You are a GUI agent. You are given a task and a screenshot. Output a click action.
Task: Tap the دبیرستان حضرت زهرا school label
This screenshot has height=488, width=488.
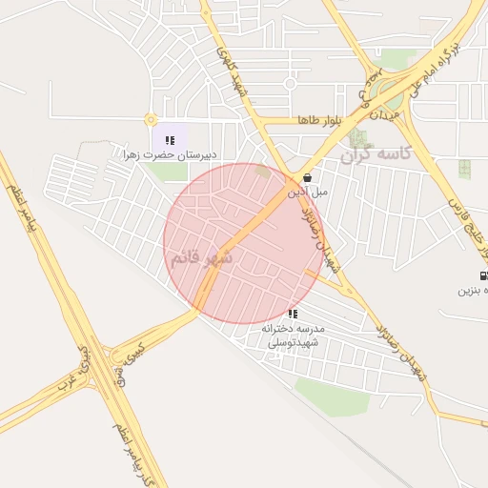click(170, 154)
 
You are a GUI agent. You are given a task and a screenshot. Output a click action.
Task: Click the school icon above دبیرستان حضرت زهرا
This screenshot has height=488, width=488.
click(170, 140)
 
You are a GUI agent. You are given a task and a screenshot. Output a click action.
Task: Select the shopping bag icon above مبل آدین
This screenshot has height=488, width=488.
click(307, 177)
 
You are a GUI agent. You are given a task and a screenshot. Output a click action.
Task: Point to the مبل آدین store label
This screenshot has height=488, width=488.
click(307, 192)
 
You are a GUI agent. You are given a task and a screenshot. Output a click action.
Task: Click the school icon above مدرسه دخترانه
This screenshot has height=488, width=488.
click(293, 314)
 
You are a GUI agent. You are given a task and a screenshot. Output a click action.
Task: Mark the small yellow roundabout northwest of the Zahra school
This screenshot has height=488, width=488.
click(150, 120)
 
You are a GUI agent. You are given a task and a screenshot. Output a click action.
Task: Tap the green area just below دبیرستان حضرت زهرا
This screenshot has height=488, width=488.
click(170, 173)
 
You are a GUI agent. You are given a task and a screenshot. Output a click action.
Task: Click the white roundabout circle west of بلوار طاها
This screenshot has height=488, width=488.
click(290, 83)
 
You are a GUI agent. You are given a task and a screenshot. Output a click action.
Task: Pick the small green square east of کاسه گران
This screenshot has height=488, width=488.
click(464, 170)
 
